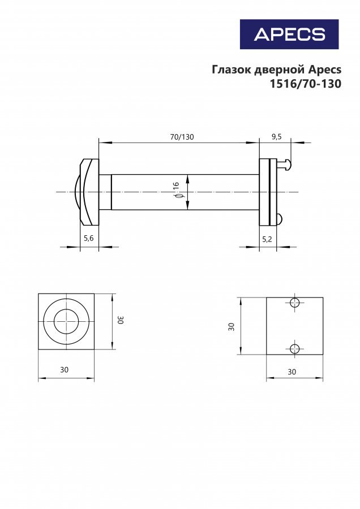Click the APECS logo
tap(289, 34)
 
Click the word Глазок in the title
tap(232, 70)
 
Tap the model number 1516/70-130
tap(306, 84)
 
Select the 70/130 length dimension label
tap(182, 137)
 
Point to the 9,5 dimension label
tap(276, 137)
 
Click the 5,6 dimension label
tap(89, 238)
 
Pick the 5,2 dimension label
tap(267, 240)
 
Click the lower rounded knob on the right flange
tap(280, 219)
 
